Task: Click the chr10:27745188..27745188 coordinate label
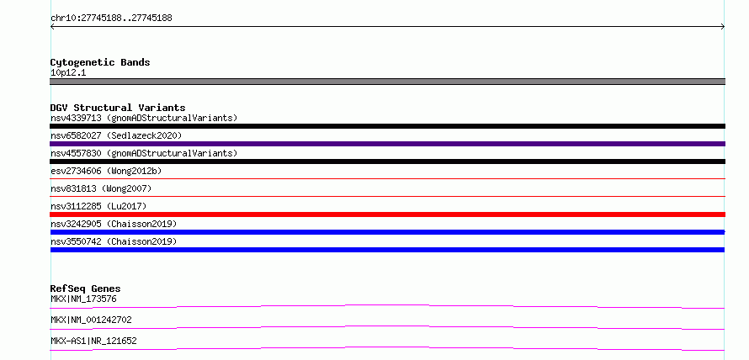click(x=111, y=19)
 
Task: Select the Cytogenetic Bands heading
click(x=100, y=62)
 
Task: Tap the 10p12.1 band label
click(x=68, y=73)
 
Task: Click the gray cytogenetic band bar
click(x=387, y=82)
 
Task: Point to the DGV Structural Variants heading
click(x=118, y=108)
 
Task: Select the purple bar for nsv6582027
click(x=387, y=144)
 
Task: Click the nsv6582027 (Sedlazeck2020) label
click(x=116, y=135)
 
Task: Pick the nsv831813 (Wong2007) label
click(x=101, y=188)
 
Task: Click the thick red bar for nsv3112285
click(x=387, y=214)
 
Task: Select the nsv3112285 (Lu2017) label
click(x=98, y=206)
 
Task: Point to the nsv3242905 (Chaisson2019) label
click(x=114, y=224)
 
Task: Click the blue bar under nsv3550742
click(x=387, y=250)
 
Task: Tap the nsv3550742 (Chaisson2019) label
click(x=114, y=241)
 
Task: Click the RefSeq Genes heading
click(x=86, y=289)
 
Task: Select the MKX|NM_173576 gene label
click(x=83, y=299)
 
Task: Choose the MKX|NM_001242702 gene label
click(x=91, y=320)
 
